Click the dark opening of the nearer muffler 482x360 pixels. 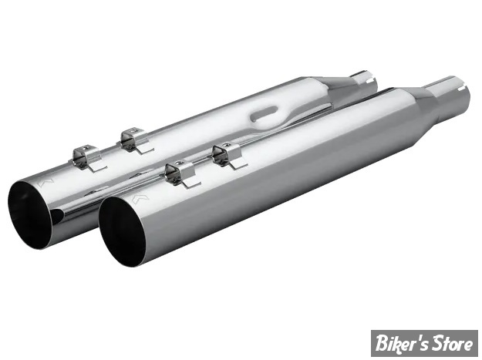coord(121,232)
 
